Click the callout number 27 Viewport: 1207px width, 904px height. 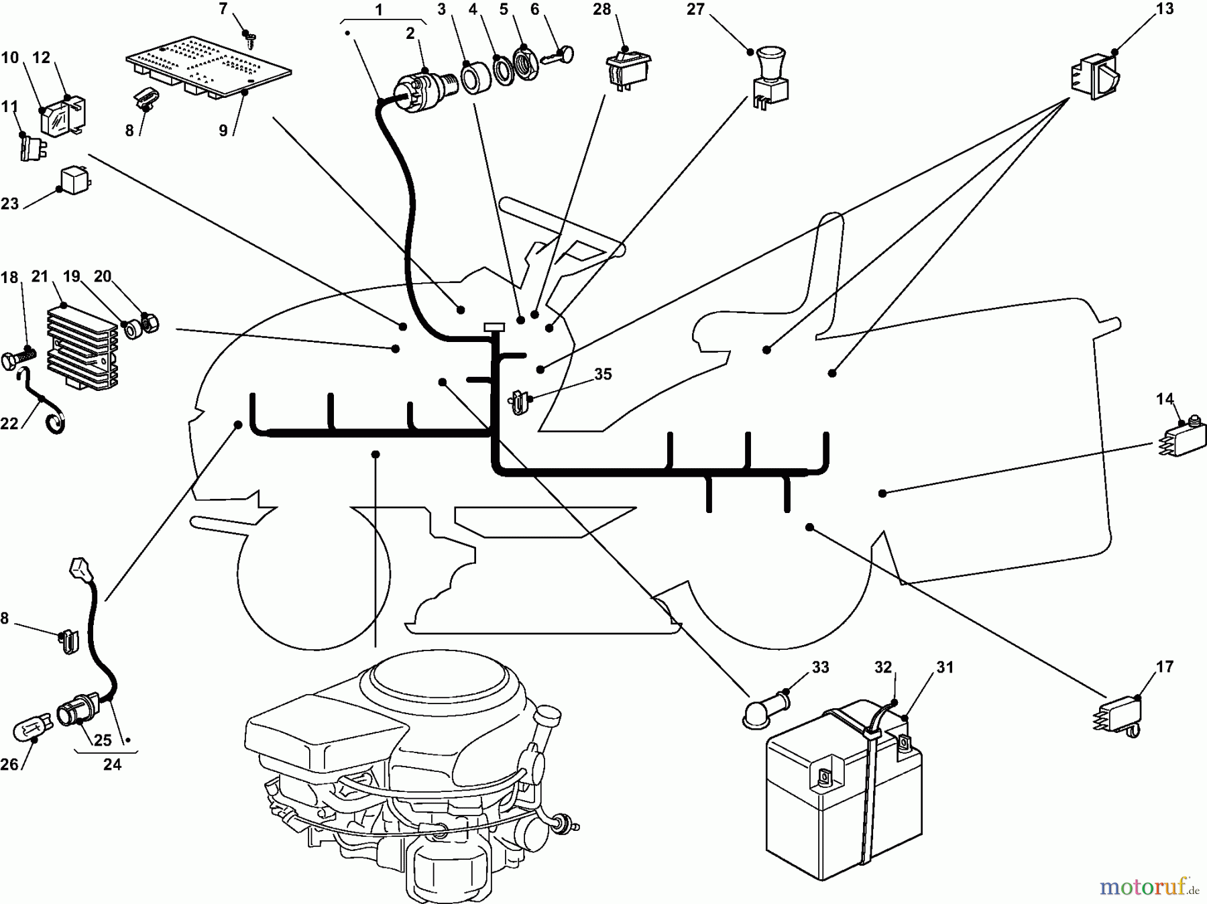click(x=695, y=9)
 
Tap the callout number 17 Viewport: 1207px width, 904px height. click(x=1165, y=667)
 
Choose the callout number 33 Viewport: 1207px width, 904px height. click(x=820, y=667)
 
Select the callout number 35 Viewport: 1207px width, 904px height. click(x=603, y=374)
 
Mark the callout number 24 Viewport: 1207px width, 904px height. click(x=112, y=764)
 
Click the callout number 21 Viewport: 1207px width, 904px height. click(x=40, y=276)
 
